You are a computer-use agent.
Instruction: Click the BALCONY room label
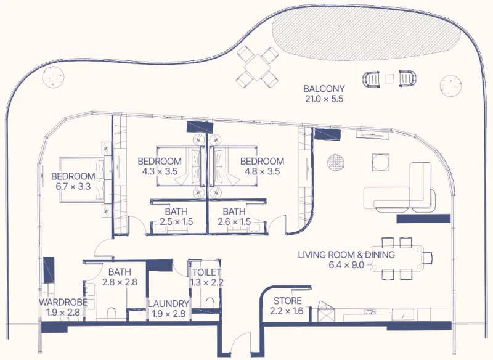tap(324, 89)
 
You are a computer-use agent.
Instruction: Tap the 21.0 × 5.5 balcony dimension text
tap(324, 99)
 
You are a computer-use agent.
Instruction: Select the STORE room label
tap(287, 301)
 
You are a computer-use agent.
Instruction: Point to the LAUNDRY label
tap(168, 303)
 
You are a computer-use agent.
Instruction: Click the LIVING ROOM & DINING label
tap(346, 255)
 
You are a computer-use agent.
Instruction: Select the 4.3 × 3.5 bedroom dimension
tap(158, 171)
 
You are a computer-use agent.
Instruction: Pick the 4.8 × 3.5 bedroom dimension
tap(262, 171)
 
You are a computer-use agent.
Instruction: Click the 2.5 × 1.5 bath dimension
tap(176, 222)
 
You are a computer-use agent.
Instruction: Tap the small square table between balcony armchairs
tap(389, 79)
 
